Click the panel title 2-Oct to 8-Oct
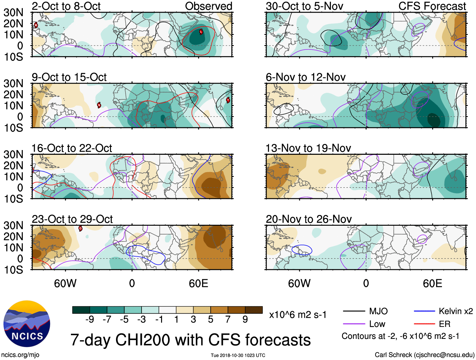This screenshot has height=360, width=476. tap(66, 6)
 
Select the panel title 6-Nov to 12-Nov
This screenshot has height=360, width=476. tap(305, 77)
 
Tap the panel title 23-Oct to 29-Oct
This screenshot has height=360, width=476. tap(72, 219)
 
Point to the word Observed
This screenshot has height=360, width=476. tap(208, 6)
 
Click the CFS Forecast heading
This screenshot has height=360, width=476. tap(432, 6)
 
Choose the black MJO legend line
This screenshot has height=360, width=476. tap(354, 311)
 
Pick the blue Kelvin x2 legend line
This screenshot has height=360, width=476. tap(424, 311)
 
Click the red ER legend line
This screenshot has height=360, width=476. tap(424, 324)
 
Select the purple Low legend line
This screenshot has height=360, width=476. tap(354, 324)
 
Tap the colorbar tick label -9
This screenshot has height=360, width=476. tap(90, 320)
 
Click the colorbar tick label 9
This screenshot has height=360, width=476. tap(245, 320)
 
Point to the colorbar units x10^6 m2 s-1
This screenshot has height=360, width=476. tap(298, 315)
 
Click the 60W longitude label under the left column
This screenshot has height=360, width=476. tap(65, 283)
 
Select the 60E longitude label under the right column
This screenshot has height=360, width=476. tap(432, 283)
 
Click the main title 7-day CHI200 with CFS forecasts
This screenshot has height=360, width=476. tap(190, 340)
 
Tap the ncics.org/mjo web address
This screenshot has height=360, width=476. tap(20, 355)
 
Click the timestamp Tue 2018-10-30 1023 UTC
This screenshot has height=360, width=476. tap(238, 355)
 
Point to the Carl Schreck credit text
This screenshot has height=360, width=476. tap(424, 355)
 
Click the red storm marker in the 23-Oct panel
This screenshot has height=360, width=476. tap(80, 228)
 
